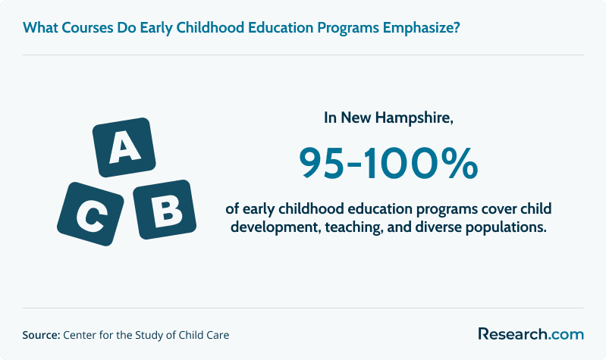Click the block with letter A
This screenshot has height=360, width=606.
tap(124, 147)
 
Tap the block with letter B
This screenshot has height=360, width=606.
tap(165, 209)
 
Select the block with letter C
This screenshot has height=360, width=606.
tap(90, 214)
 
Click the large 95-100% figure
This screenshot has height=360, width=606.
tap(388, 164)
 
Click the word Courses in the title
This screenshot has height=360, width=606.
tap(87, 28)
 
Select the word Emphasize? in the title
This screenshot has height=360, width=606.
tap(422, 28)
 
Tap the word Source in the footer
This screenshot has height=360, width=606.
tap(41, 335)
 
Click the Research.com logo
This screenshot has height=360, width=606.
tap(531, 333)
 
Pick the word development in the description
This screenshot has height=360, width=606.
tap(275, 227)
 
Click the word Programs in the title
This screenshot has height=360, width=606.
tap(348, 28)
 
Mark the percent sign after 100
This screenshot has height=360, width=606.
tap(462, 164)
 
